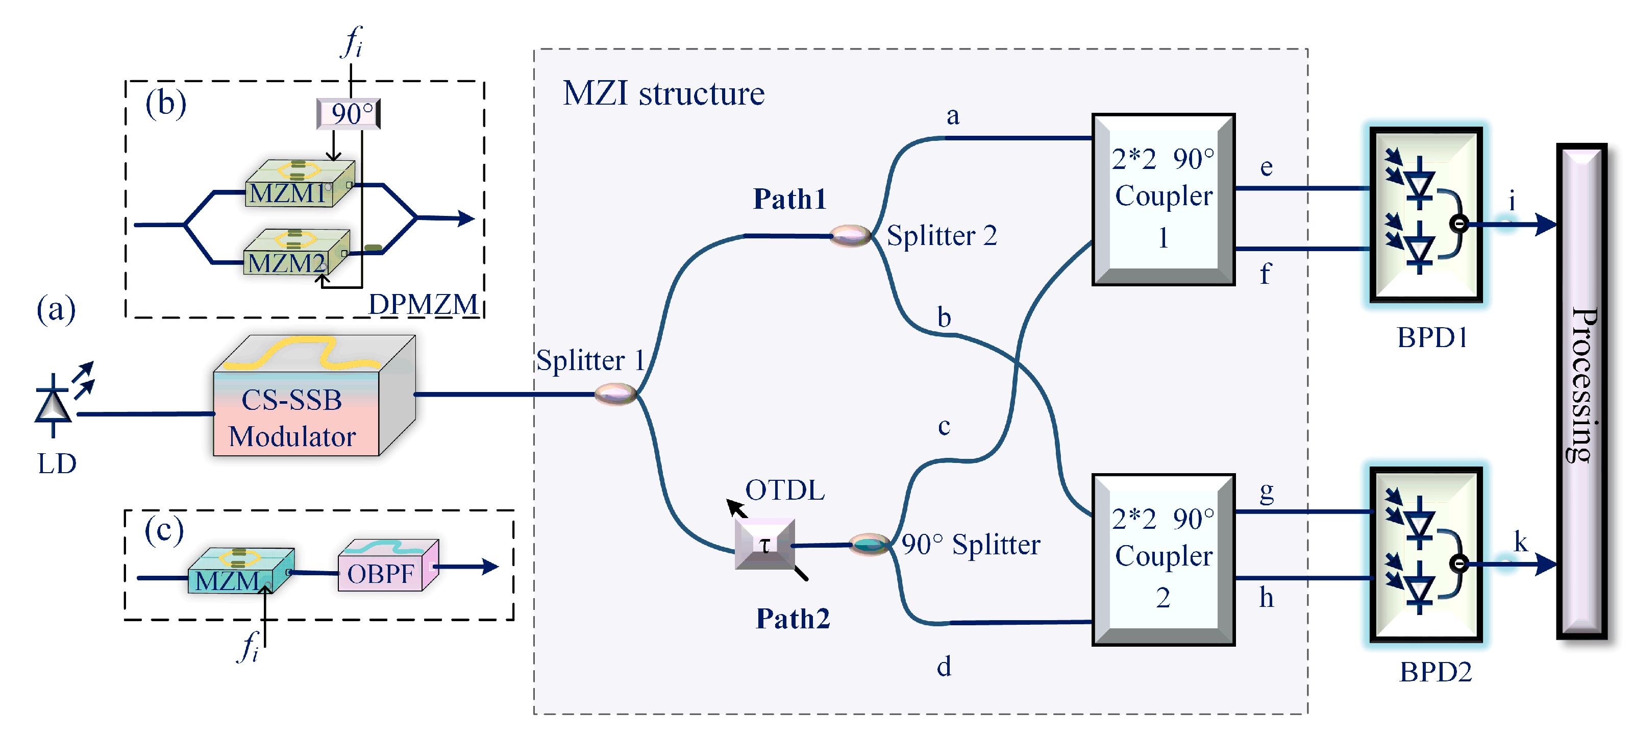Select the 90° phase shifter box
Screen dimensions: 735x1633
pyautogui.click(x=349, y=113)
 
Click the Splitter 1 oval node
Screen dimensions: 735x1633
pyautogui.click(x=615, y=394)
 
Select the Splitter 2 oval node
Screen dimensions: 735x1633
pyautogui.click(x=851, y=235)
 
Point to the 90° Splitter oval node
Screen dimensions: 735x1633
pyautogui.click(x=869, y=544)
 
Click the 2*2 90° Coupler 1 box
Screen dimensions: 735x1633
pyautogui.click(x=1164, y=199)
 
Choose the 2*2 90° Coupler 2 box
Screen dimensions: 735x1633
pyautogui.click(x=1164, y=559)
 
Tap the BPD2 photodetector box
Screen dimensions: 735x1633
pyautogui.click(x=1426, y=555)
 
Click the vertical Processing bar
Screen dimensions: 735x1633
pyautogui.click(x=1581, y=390)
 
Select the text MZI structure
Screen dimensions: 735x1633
pyautogui.click(x=664, y=94)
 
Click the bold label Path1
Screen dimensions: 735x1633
pyautogui.click(x=790, y=199)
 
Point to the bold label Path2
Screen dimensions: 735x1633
pyautogui.click(x=793, y=618)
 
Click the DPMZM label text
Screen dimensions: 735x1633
pyautogui.click(x=423, y=304)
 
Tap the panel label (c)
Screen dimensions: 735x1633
pyautogui.click(x=163, y=530)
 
